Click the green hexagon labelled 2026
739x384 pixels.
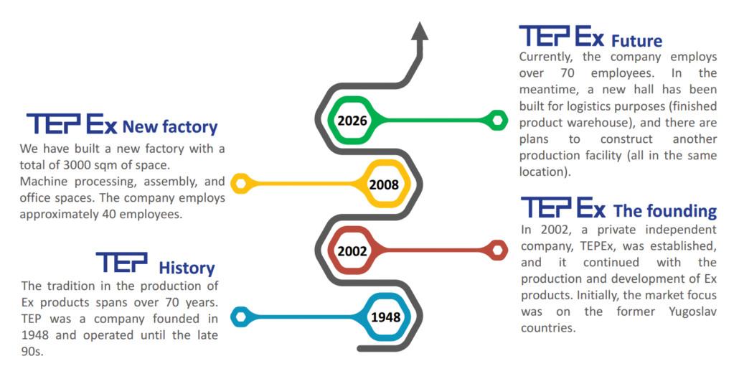click(x=352, y=120)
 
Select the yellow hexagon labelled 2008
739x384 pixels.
click(x=384, y=185)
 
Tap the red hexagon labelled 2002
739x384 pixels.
click(x=352, y=251)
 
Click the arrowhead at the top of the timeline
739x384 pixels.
click(x=420, y=32)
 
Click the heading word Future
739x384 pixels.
click(x=636, y=41)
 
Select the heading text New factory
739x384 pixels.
click(x=169, y=128)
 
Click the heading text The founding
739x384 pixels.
click(x=664, y=212)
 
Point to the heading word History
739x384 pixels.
click(x=187, y=269)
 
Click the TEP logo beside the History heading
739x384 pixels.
click(x=121, y=263)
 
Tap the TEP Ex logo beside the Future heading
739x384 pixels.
click(x=562, y=36)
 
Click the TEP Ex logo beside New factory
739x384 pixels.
click(x=72, y=123)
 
